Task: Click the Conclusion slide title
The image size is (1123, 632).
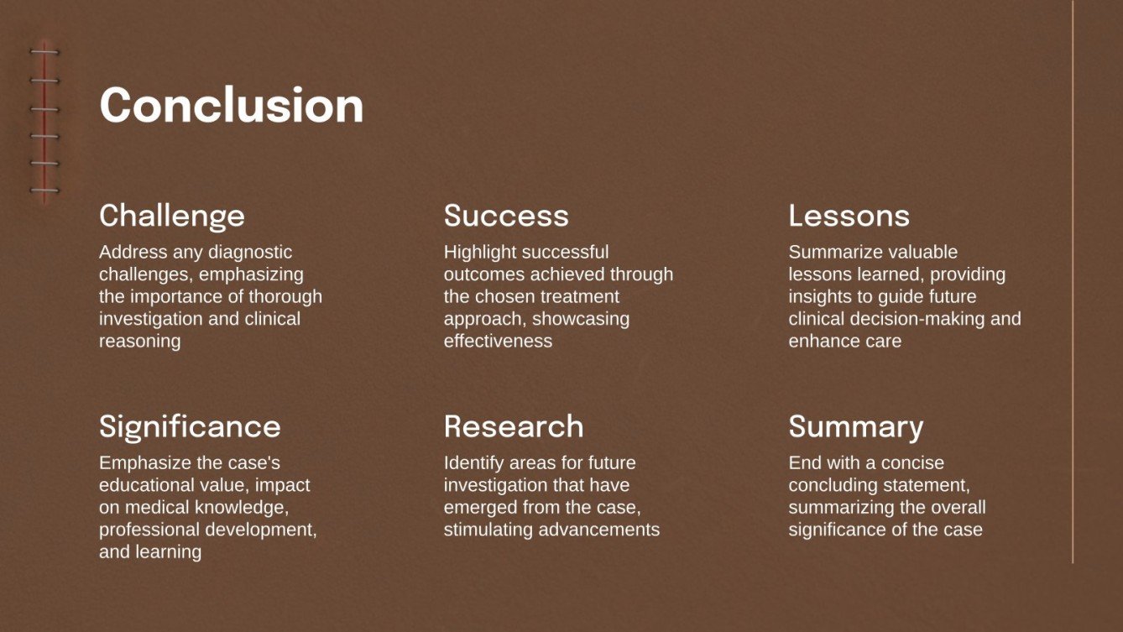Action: click(x=231, y=106)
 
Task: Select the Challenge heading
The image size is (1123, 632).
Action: click(x=172, y=216)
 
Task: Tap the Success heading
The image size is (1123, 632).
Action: click(x=506, y=216)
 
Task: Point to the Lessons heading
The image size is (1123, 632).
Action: click(x=849, y=216)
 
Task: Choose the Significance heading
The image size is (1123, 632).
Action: click(x=190, y=426)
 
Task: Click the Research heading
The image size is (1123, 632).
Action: click(x=514, y=426)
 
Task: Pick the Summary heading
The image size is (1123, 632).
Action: click(x=855, y=427)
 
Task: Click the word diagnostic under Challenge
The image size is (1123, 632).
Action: click(x=248, y=252)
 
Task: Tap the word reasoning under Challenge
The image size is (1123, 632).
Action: click(x=139, y=341)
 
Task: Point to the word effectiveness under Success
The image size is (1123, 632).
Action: click(x=498, y=341)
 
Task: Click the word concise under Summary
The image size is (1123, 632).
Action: click(x=912, y=462)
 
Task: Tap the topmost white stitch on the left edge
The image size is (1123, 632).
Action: click(x=44, y=53)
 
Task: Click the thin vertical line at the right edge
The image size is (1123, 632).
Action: click(x=1073, y=281)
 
